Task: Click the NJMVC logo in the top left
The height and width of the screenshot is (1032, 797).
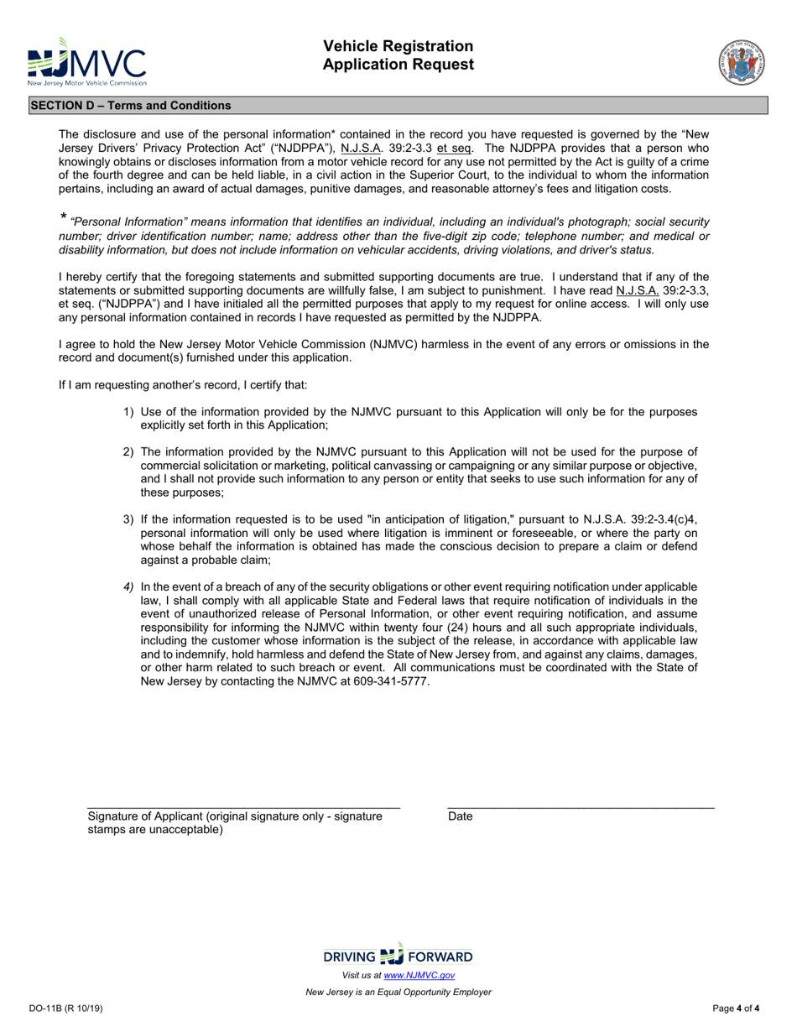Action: pyautogui.click(x=87, y=62)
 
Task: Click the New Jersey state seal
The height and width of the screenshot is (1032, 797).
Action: pyautogui.click(x=742, y=62)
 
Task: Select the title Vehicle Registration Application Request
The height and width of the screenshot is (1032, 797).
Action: pyautogui.click(x=399, y=55)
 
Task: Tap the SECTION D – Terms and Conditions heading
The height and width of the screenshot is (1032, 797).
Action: pyautogui.click(x=131, y=106)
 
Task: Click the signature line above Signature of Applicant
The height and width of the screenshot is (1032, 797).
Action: pyautogui.click(x=243, y=807)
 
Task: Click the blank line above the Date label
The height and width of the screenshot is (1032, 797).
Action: pyautogui.click(x=581, y=807)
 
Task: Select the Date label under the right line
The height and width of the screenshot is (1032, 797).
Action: pyautogui.click(x=461, y=816)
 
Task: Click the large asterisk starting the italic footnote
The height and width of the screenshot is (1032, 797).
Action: pyautogui.click(x=63, y=218)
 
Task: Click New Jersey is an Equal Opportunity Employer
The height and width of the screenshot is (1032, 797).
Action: pyautogui.click(x=398, y=992)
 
